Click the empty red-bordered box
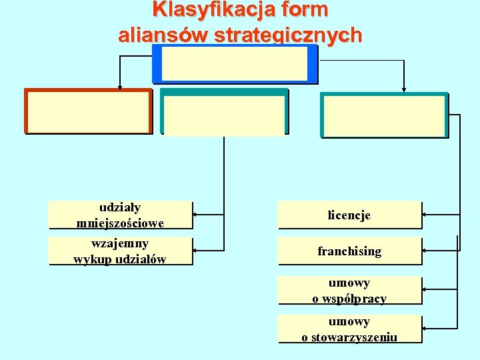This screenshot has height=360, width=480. coord(89,111)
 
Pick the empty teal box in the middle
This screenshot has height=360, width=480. coord(224,115)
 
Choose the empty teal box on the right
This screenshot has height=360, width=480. coord(384,115)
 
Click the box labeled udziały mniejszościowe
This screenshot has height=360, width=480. coord(121,215)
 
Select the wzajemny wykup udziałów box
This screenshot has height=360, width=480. coord(121,251)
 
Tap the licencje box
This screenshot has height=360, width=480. coord(349,215)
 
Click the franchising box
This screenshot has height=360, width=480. coord(349,251)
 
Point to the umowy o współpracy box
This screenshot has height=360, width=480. coord(349,291)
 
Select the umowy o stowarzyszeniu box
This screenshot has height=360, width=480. coord(349,329)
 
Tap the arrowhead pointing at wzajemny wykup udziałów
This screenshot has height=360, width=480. coord(196,251)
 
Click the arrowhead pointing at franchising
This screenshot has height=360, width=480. coord(426,251)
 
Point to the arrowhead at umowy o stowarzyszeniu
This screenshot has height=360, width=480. coord(426,328)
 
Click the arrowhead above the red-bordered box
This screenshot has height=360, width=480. coord(119,86)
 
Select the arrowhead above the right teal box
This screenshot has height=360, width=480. coord(404,89)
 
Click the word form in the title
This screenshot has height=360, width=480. coord(305,10)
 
